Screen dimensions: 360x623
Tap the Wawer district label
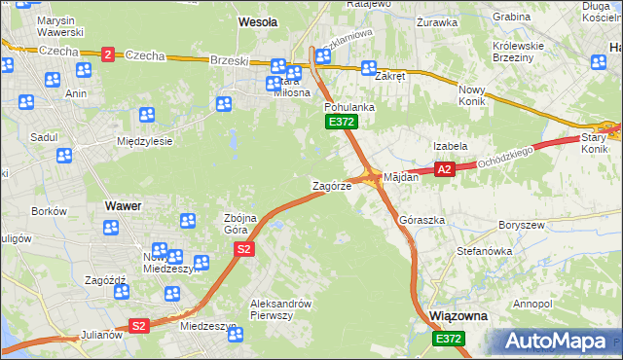123,206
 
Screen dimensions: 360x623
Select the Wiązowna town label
458,317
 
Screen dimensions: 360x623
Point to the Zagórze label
331,186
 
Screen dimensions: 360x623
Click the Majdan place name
401,178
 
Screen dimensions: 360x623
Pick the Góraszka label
422,221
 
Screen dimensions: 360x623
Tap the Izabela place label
451,146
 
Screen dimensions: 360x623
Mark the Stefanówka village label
484,251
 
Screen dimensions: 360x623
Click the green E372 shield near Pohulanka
342,123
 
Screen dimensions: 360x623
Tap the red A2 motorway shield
444,170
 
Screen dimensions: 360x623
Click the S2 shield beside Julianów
139,326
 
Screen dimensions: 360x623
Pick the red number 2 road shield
106,54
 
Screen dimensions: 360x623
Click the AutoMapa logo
559,341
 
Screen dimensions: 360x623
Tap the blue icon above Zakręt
369,68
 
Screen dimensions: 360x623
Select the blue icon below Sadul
63,155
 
